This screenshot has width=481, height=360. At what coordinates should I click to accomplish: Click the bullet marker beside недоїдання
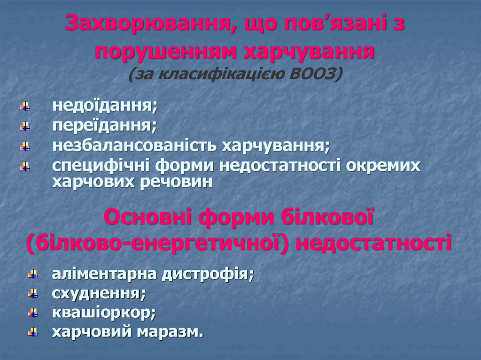pyautogui.click(x=24, y=106)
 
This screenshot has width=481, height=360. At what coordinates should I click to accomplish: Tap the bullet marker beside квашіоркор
pyautogui.click(x=32, y=313)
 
